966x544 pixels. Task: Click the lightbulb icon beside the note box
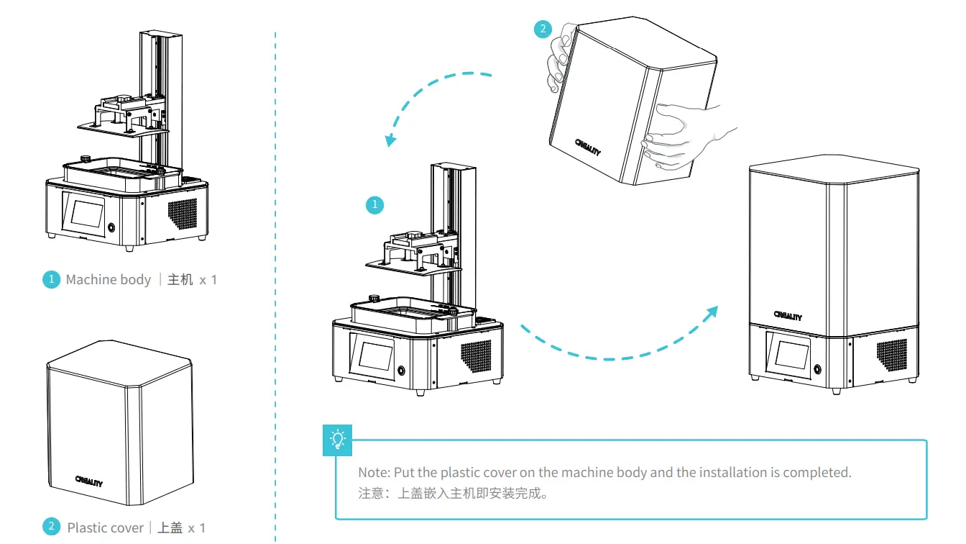coord(338,439)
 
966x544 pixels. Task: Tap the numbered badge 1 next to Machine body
coord(51,279)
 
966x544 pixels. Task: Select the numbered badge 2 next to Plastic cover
coord(51,527)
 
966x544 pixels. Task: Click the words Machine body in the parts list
coord(109,279)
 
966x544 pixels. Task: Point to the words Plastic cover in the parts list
coord(105,527)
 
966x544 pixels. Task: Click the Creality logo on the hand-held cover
coord(588,148)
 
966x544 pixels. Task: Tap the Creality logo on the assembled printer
coord(788,314)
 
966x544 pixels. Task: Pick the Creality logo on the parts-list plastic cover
coord(88,481)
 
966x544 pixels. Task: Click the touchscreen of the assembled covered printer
coord(789,355)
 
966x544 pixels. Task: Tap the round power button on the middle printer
coord(400,371)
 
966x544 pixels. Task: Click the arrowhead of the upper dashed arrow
coord(390,140)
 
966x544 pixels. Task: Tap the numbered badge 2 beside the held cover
coord(543,30)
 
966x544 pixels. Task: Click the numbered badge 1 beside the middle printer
coord(374,205)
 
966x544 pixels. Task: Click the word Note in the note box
coord(374,473)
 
